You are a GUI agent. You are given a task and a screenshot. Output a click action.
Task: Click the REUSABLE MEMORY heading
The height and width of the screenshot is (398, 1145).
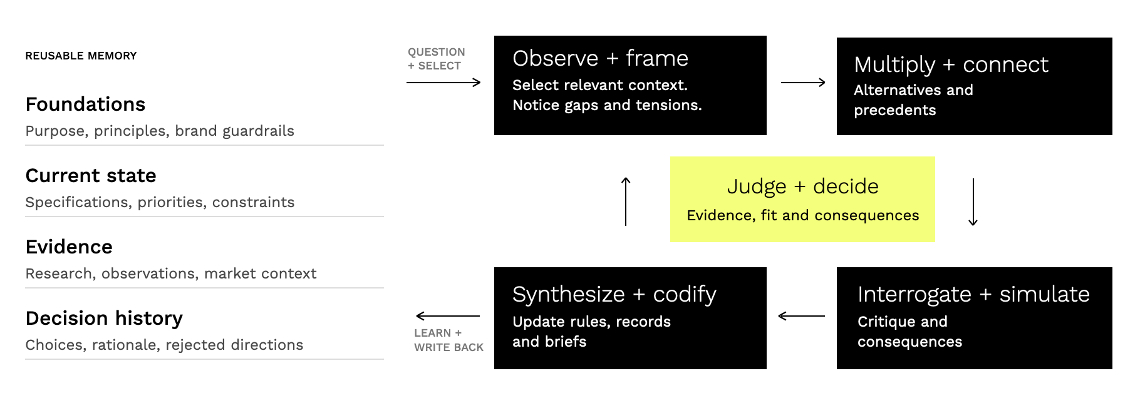(x=81, y=56)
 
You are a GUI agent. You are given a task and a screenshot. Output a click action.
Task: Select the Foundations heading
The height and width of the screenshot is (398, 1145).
(x=85, y=104)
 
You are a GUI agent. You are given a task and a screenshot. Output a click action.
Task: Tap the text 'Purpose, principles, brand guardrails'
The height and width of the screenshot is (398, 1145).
(x=160, y=131)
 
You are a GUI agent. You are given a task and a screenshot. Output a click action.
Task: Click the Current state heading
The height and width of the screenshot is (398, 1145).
(x=91, y=175)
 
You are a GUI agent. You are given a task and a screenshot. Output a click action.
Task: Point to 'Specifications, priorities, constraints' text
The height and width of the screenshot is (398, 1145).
(x=160, y=202)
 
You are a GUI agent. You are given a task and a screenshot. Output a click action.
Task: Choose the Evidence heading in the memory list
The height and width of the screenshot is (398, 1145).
(x=69, y=247)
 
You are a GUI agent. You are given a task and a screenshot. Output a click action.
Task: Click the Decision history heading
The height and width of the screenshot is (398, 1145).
(x=104, y=319)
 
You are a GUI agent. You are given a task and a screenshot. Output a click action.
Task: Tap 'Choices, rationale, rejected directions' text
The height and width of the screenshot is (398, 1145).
(x=164, y=345)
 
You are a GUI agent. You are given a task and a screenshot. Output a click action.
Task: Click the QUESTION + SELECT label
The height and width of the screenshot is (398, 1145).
(x=437, y=59)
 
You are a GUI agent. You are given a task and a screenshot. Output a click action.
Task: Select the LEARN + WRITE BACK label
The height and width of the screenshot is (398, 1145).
(x=448, y=340)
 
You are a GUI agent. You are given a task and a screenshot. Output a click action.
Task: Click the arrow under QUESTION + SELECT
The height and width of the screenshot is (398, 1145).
(x=443, y=82)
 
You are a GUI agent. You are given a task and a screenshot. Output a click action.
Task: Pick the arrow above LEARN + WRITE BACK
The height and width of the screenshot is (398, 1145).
(x=448, y=316)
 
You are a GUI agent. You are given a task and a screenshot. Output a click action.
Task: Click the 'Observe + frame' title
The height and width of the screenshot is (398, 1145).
(x=600, y=58)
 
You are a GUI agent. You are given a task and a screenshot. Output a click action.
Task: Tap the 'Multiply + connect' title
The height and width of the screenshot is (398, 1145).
(x=951, y=64)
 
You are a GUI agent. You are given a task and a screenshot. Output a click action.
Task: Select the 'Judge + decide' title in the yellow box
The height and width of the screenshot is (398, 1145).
(x=802, y=186)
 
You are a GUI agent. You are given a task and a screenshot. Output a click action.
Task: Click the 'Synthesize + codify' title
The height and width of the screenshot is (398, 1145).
(x=614, y=295)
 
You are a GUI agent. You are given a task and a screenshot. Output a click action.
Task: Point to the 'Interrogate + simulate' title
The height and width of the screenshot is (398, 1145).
(x=973, y=294)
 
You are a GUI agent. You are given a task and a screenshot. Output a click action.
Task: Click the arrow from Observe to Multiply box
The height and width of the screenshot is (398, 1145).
(x=803, y=82)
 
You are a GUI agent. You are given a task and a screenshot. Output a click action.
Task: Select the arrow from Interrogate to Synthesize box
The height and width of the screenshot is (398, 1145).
(x=801, y=316)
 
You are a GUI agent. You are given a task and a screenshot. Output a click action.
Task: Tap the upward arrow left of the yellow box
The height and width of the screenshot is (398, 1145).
(x=626, y=202)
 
